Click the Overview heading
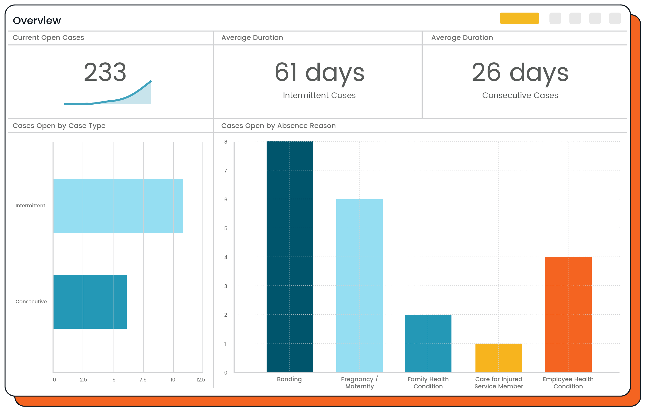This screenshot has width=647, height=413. coord(37,21)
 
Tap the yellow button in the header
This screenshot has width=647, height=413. coord(519,18)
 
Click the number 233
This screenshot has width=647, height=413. coord(105,72)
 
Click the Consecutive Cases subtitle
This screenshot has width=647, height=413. coord(520,96)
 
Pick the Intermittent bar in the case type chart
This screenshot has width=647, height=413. coord(118,206)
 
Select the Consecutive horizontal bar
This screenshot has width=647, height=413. coord(90,302)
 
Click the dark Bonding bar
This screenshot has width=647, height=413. coord(290,257)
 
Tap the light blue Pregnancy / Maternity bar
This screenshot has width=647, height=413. coord(359,285)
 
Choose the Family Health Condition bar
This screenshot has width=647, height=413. coord(428,343)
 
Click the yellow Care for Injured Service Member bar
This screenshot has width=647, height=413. coord(498,358)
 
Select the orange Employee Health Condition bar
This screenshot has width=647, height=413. coord(568,315)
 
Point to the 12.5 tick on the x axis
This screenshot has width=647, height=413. coord(200,380)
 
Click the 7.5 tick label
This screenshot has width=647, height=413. coord(143,380)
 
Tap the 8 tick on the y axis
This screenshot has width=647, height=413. coord(226,142)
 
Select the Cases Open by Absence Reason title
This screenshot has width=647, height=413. coord(278,126)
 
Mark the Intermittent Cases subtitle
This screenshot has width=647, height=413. coord(319,96)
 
